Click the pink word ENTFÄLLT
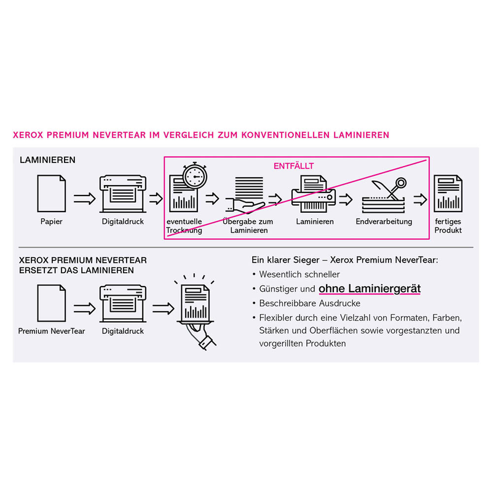coord(293,166)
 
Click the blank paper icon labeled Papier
coord(52,193)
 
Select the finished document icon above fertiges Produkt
coord(448,193)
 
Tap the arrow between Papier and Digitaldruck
coord(85,198)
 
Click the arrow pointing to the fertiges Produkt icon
coord(420,199)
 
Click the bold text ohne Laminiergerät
coord(369,288)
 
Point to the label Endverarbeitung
coord(384,221)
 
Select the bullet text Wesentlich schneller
coord(300,274)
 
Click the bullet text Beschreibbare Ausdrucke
coord(310,303)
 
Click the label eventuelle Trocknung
coord(184,226)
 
